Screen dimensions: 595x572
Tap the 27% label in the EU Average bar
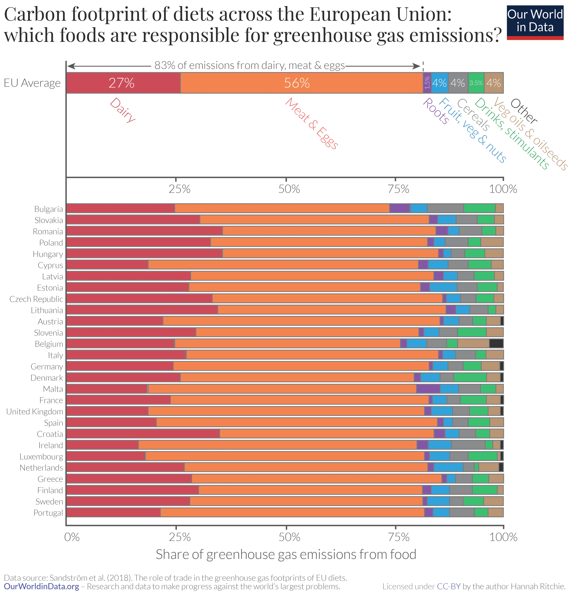tap(121, 83)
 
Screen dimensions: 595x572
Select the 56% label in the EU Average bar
tap(297, 83)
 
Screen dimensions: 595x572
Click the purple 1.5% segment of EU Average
tap(427, 83)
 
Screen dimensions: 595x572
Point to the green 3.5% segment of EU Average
tap(476, 83)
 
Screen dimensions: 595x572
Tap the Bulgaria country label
tap(49, 209)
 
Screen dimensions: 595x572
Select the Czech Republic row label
tap(36, 299)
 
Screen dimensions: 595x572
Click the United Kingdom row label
tap(35, 411)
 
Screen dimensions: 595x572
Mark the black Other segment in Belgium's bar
tap(496, 343)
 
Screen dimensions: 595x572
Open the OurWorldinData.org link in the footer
tap(42, 586)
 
